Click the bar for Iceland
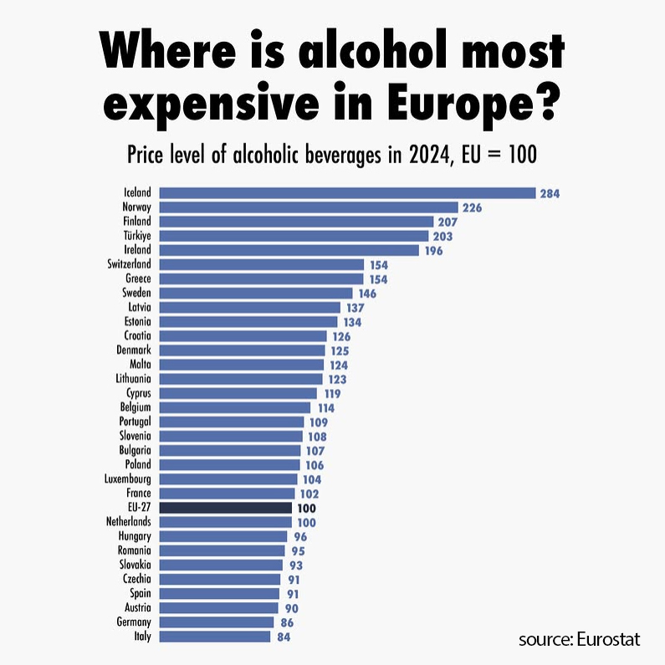coord(347,193)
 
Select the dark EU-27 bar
coord(225,508)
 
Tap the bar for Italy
coord(215,637)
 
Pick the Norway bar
coord(309,207)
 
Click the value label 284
coord(550,193)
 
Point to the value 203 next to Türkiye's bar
coord(442,236)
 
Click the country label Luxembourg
coord(128,479)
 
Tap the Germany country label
coord(134,622)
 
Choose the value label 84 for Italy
coord(282,637)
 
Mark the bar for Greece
coord(261,279)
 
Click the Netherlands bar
coord(225,522)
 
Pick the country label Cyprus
coord(138,393)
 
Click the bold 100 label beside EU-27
coord(306,508)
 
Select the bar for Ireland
coord(289,250)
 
